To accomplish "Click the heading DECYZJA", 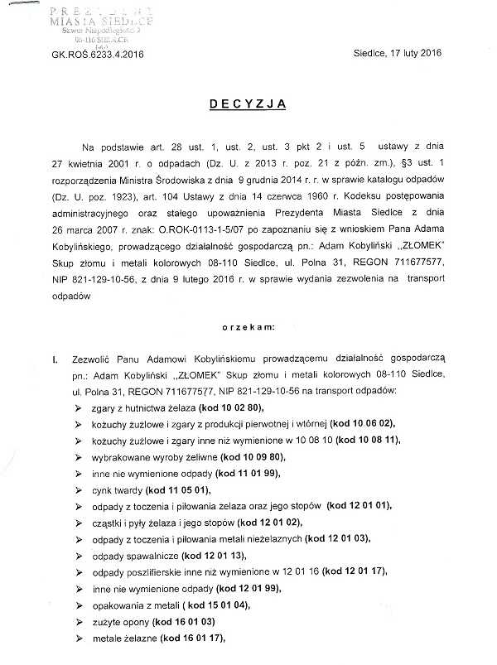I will [x=248, y=105].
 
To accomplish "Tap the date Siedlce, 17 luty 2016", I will [x=397, y=53].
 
